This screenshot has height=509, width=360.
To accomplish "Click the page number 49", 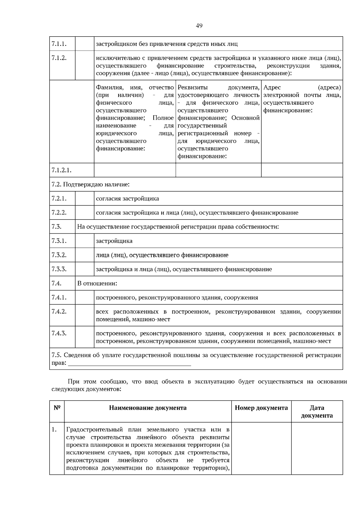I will tap(199, 26).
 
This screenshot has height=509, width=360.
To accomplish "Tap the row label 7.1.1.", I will tap(59, 44).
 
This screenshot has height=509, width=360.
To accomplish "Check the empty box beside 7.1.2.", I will tap(85, 65).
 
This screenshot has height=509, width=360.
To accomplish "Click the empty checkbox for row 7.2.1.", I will tap(85, 199).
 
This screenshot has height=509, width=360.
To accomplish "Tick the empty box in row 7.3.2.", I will tap(85, 255).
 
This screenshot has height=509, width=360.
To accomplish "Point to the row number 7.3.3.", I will tap(59, 269).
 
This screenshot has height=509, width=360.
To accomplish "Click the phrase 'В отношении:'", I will tap(97, 283).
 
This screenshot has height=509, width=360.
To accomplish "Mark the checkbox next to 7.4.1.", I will tap(85, 297).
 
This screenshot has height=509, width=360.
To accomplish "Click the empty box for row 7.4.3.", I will tap(85, 337).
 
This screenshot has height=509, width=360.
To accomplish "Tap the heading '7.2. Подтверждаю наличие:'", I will tap(90, 184).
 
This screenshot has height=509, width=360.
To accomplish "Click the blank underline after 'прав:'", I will tap(130, 364).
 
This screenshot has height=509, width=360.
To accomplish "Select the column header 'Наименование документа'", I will tap(148, 408).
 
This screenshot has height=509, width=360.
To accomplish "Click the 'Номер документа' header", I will tap(261, 408).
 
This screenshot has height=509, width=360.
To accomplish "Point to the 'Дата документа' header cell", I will tap(317, 412).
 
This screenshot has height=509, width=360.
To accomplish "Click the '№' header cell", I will tap(57, 408).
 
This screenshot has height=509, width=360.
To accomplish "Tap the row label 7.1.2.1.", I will tap(61, 170).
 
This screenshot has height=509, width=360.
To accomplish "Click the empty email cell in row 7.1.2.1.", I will tap(302, 170).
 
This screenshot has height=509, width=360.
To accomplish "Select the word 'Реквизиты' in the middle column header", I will tap(193, 87).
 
